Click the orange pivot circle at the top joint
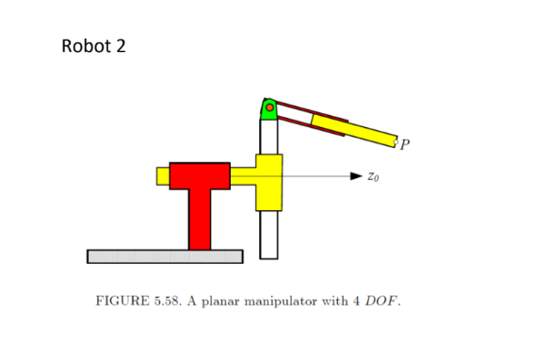pos(269,108)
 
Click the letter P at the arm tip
pos(405,144)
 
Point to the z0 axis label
pos(374,176)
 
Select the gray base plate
pos(164,255)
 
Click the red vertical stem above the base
pos(200,219)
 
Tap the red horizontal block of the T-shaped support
pos(200,175)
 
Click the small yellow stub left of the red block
pos(162,176)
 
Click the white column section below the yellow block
pos(268,234)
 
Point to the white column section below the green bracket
pos(268,138)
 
